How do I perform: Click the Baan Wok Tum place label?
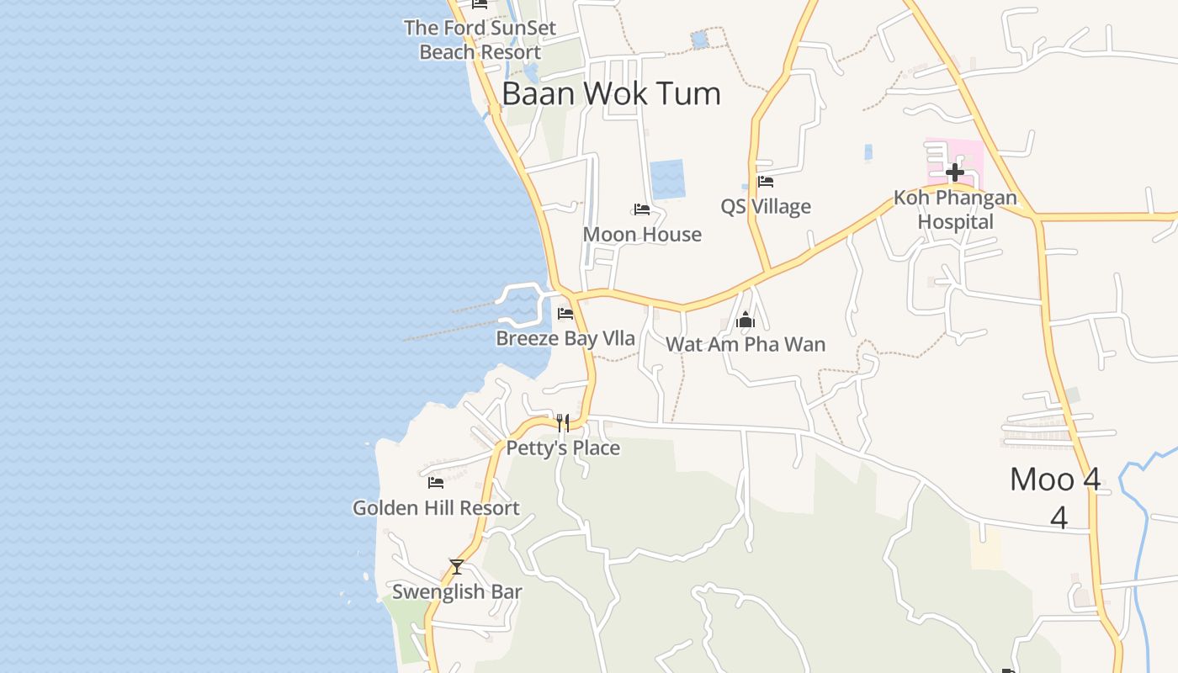coord(611,93)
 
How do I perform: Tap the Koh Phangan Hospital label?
coord(955,210)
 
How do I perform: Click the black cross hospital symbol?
coord(954,172)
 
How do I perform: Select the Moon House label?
coord(642,234)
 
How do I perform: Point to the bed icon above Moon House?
coord(642,209)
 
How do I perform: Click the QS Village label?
coord(766,206)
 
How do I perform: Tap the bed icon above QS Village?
coord(765,181)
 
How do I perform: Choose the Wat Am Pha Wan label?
coord(746,344)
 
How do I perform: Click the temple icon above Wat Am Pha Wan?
coord(746,320)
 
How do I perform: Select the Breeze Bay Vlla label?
coord(565,338)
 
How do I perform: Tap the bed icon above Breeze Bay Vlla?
coord(565,314)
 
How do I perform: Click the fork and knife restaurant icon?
coord(562,422)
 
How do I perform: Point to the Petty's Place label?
coord(563,448)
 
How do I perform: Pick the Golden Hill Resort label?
coord(436,507)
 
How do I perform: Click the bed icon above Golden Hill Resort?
coord(436,483)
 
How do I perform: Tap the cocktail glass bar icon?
coord(457,567)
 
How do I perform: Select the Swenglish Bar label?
coord(457,591)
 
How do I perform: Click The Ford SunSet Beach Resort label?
coord(480,40)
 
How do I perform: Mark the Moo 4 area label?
coord(1055,480)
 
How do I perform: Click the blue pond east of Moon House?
coord(667,179)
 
